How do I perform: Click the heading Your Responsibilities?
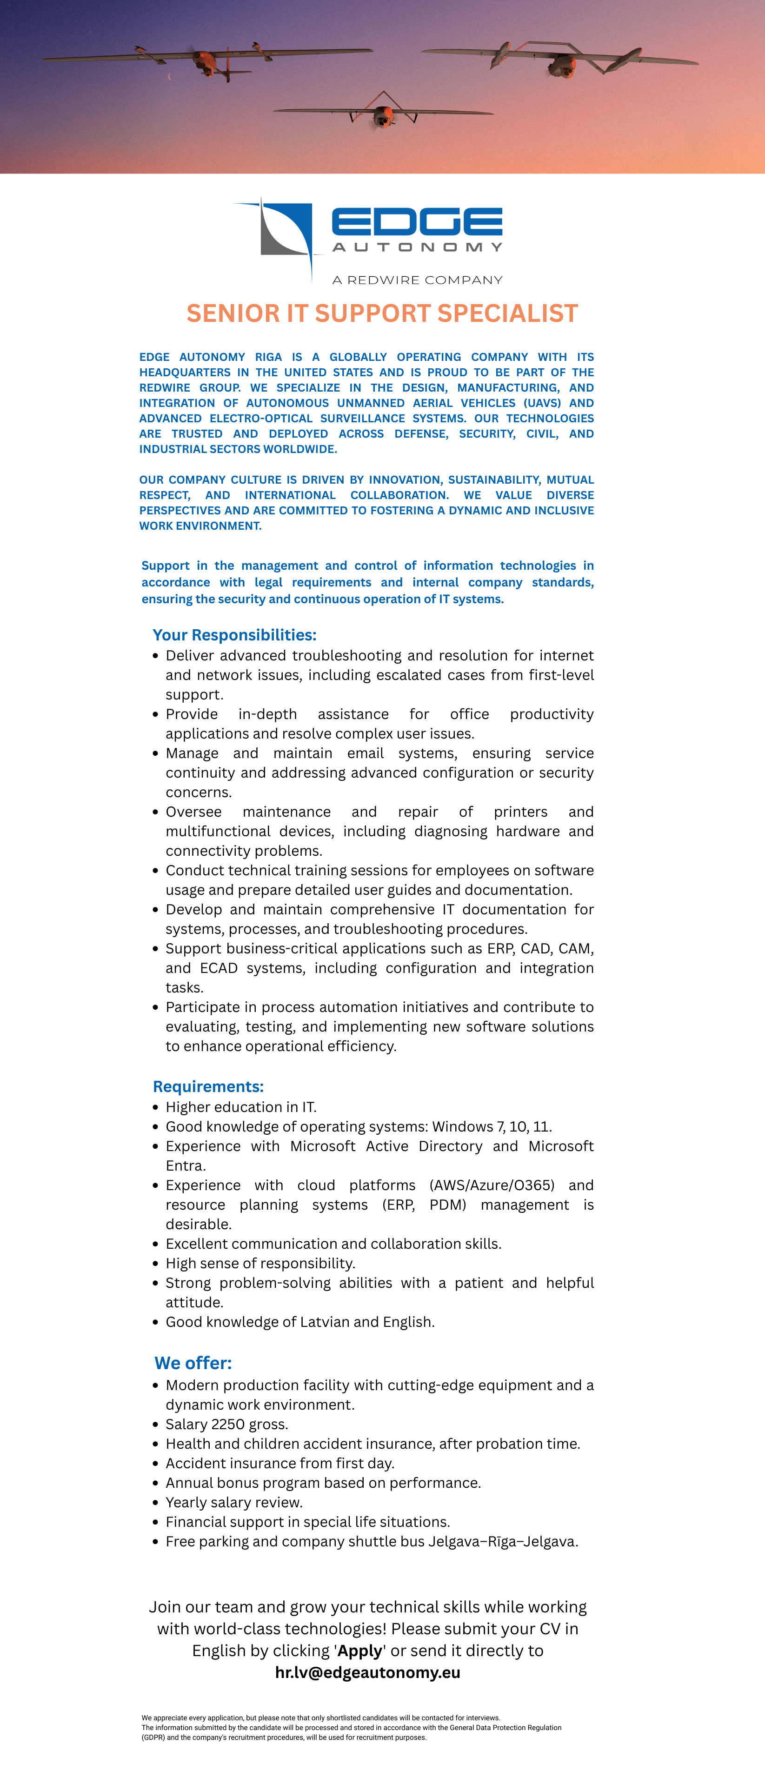coord(234,635)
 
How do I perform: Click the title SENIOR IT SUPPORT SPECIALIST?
coord(382,313)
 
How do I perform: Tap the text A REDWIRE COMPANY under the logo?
coord(417,280)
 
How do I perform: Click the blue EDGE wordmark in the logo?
coord(417,222)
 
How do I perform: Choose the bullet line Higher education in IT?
coord(240,1107)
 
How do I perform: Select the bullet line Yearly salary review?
coord(233,1503)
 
